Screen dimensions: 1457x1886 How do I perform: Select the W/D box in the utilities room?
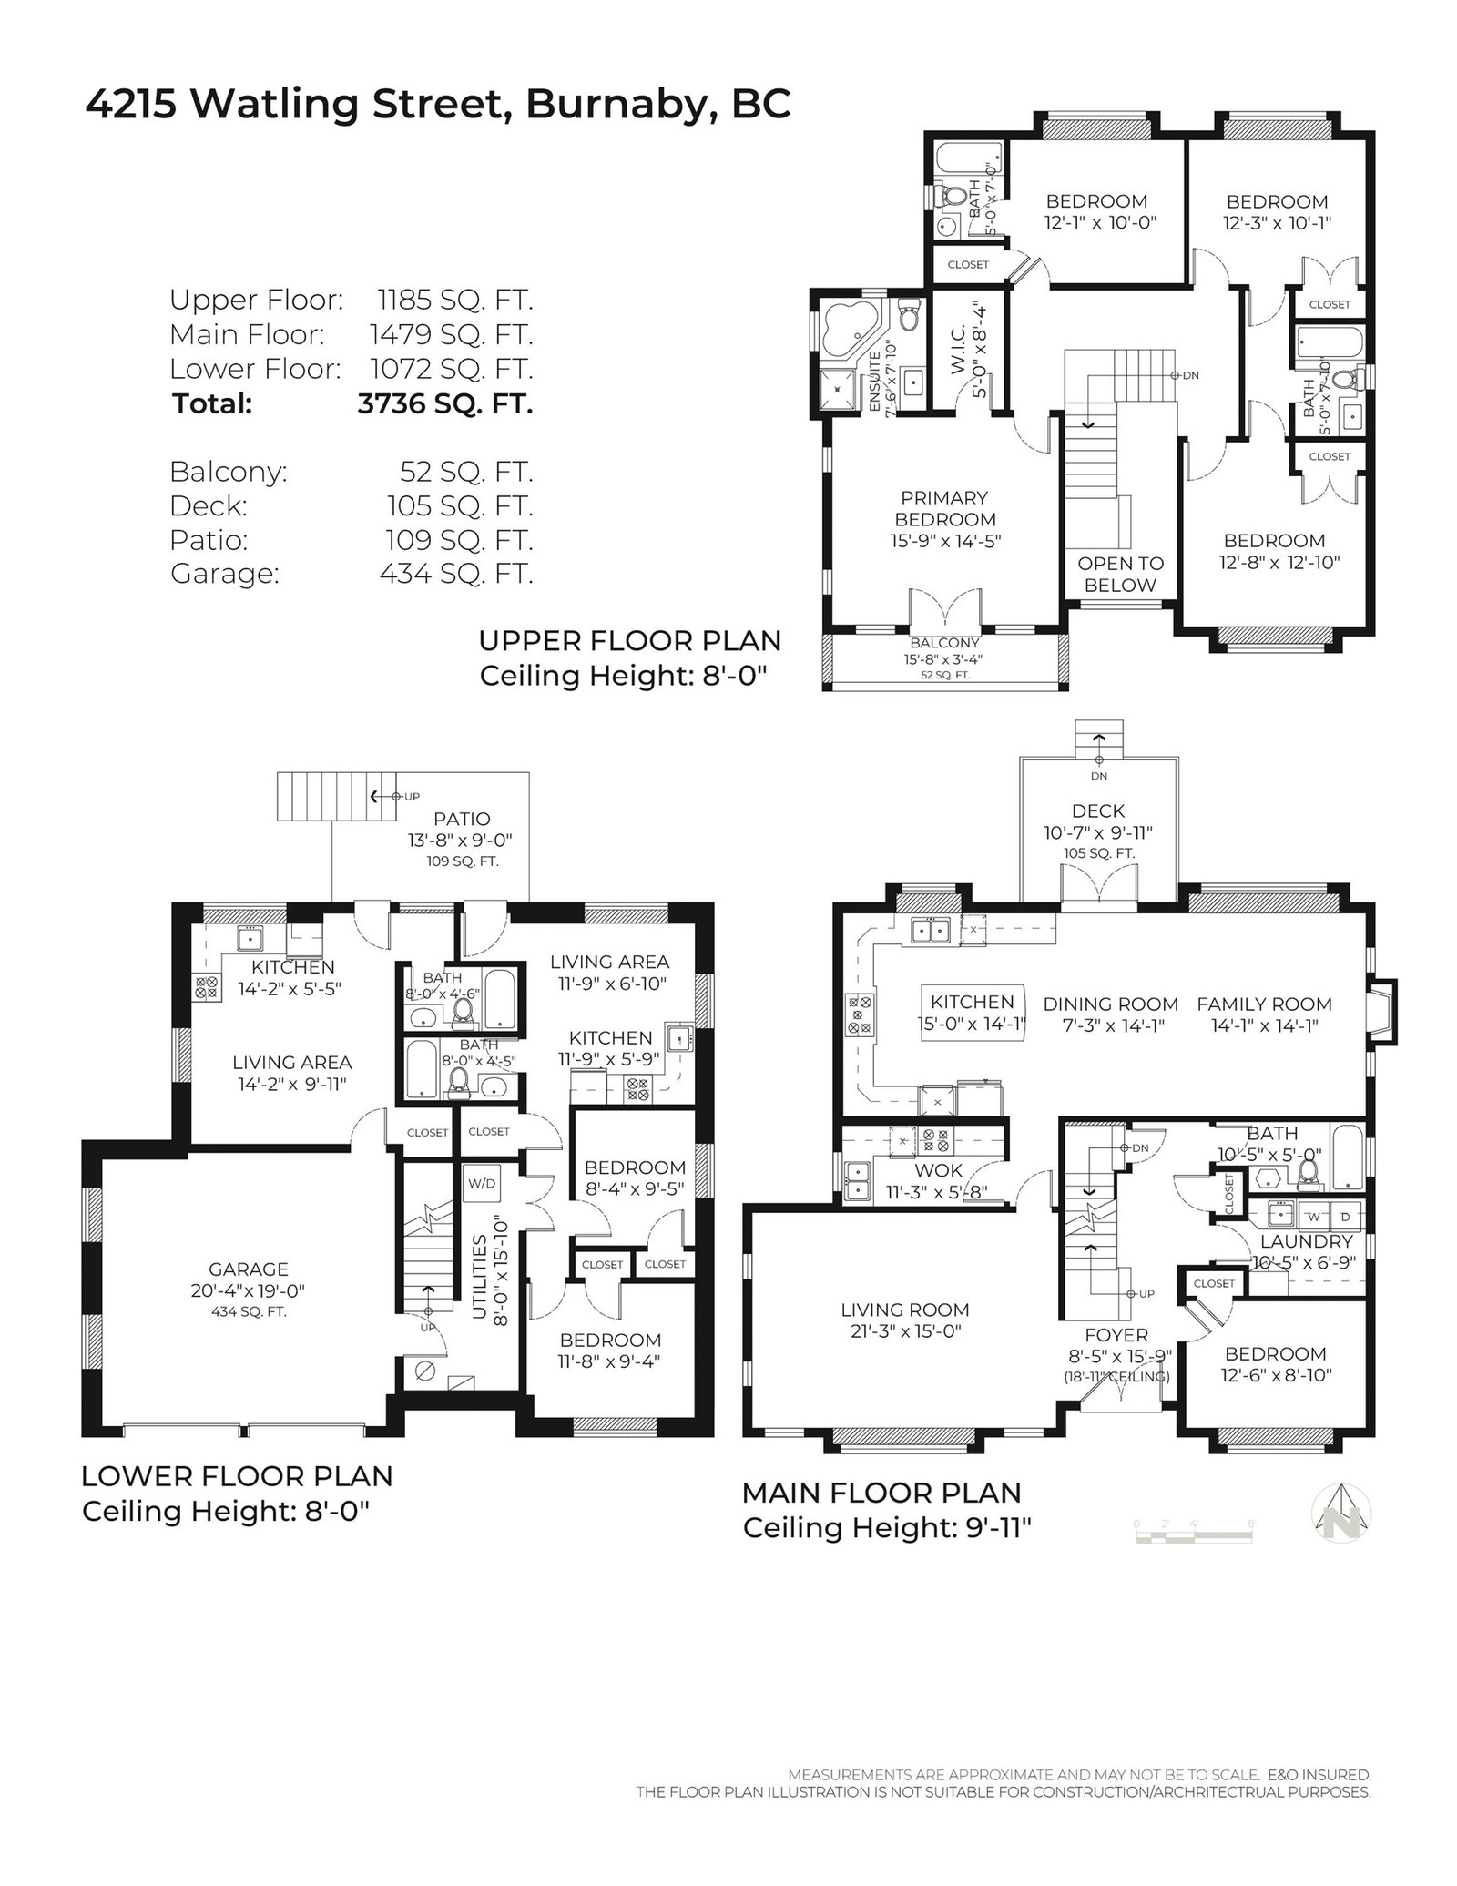[482, 1184]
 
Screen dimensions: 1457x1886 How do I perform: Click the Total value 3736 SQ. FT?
[445, 403]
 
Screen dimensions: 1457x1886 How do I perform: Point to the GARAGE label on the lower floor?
[249, 1269]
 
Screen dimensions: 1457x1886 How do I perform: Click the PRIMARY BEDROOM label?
[944, 508]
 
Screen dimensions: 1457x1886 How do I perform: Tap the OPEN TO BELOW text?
[1120, 574]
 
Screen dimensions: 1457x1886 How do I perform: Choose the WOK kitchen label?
[937, 1169]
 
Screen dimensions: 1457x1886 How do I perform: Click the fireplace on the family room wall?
[1381, 1010]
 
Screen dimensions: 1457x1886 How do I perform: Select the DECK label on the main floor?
[1098, 810]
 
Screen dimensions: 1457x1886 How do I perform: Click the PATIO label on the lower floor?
[462, 819]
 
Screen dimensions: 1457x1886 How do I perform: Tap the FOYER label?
[1116, 1335]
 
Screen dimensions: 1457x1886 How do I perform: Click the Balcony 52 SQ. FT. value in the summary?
[466, 472]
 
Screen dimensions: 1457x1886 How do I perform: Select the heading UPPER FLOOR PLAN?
[630, 641]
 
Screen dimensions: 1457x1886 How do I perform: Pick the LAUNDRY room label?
[1307, 1241]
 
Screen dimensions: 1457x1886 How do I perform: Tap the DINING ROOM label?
[1111, 1004]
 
